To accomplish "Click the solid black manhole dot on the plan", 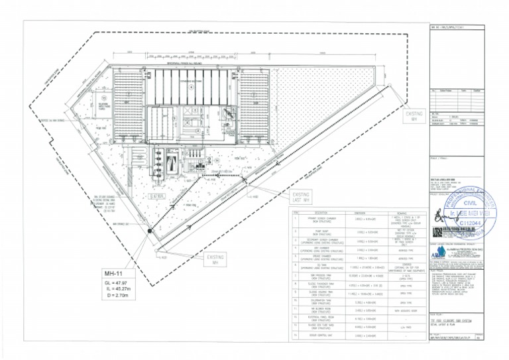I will [150, 231].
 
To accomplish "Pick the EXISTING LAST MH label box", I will [302, 196].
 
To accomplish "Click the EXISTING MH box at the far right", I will [416, 116].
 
